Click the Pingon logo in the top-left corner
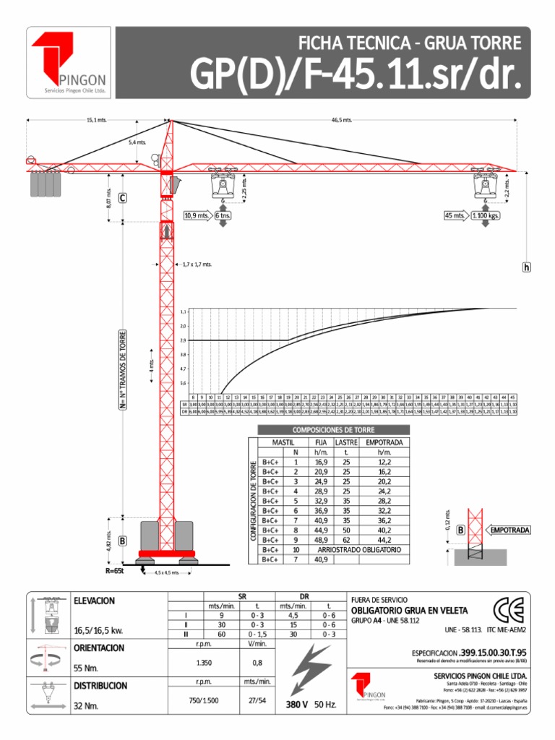tap(69, 64)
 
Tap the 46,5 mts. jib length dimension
tap(342, 120)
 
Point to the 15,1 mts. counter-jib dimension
tap(96, 120)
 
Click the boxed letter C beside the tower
tap(123, 198)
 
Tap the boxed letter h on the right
tap(526, 267)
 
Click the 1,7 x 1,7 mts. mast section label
tap(197, 265)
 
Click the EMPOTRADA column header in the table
tap(384, 442)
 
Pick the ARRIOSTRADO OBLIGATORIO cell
tap(358, 550)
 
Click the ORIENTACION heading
tap(100, 648)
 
